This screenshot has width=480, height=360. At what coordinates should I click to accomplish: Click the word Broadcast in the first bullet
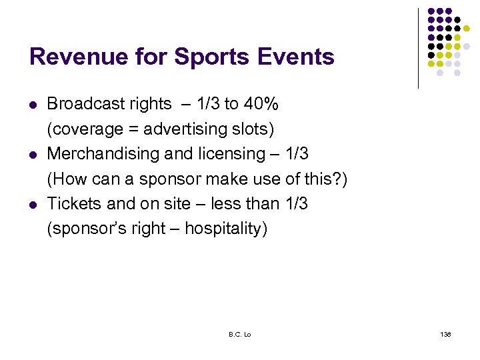(78, 104)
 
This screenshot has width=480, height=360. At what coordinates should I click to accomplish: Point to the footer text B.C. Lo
(239, 334)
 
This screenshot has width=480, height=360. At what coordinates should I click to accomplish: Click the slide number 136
(446, 334)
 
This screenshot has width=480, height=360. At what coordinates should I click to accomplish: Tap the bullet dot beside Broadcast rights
(32, 105)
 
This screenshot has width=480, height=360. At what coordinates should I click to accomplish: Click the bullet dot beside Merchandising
(32, 155)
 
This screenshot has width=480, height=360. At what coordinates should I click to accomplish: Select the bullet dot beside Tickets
(32, 205)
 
